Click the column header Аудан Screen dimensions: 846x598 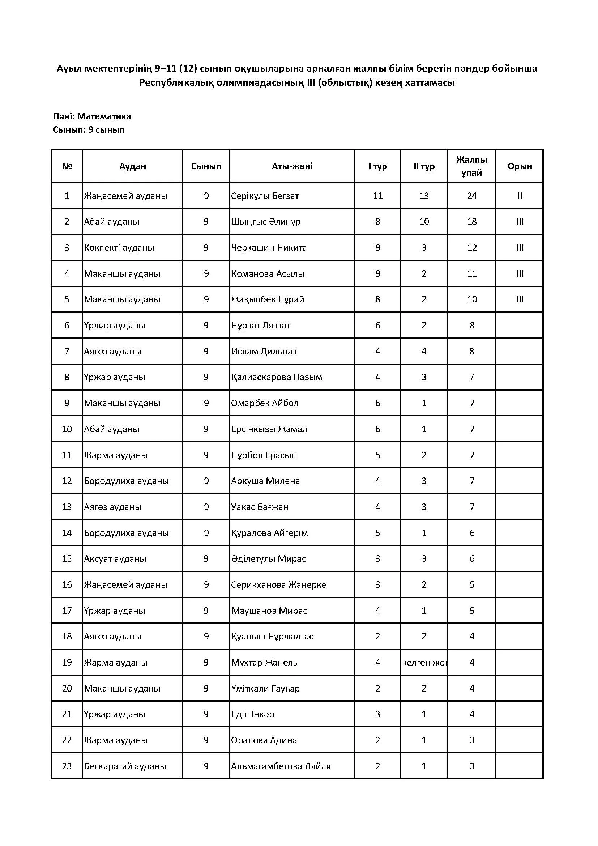[133, 166]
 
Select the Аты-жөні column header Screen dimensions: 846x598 [292, 166]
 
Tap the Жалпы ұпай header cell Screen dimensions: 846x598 [472, 166]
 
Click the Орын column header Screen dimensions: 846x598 [520, 166]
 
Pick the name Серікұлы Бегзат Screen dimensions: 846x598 [265, 196]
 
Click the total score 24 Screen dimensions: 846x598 [472, 196]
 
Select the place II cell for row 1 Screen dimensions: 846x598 [520, 196]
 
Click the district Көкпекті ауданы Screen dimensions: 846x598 [119, 248]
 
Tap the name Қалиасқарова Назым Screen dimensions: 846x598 [277, 377]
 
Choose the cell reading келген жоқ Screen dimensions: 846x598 [424, 663]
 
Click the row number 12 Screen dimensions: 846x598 [67, 481]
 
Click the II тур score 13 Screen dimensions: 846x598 [424, 196]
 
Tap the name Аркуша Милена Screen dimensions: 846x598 [265, 481]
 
